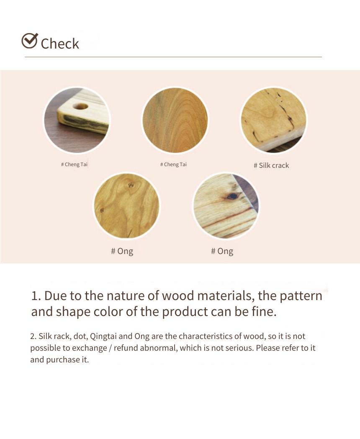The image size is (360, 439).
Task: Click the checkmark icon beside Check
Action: pos(30,41)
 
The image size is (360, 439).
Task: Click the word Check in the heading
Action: pos(60,44)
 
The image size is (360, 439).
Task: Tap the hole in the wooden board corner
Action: pos(81,107)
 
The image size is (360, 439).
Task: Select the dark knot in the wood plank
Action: pos(232,196)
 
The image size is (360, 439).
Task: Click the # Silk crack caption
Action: pos(271,165)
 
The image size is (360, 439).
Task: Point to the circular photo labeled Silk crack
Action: pos(274,120)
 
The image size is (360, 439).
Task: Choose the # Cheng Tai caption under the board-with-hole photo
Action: pos(74,164)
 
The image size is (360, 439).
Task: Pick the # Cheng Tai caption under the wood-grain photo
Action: pos(173,164)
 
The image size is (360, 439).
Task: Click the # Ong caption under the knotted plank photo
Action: pos(222,251)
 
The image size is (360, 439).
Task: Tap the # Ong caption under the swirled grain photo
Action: pos(122,251)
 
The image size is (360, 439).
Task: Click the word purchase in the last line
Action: pos(63,360)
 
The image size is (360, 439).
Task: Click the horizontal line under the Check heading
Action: pos(173,57)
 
